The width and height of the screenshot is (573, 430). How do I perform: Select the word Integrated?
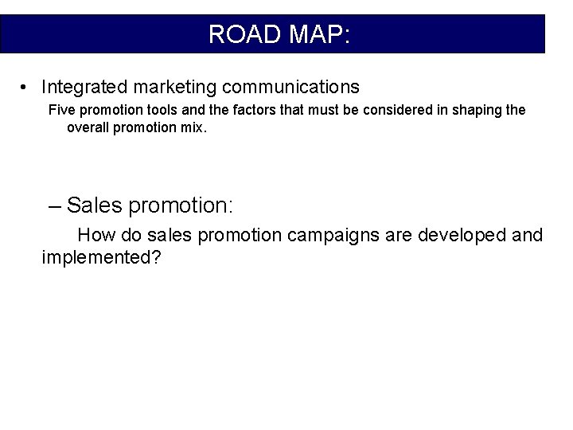click(83, 86)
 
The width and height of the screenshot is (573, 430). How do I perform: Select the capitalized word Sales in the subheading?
click(95, 205)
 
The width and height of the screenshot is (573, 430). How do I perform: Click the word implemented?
click(102, 258)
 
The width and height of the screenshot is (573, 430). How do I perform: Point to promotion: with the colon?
click(181, 205)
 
